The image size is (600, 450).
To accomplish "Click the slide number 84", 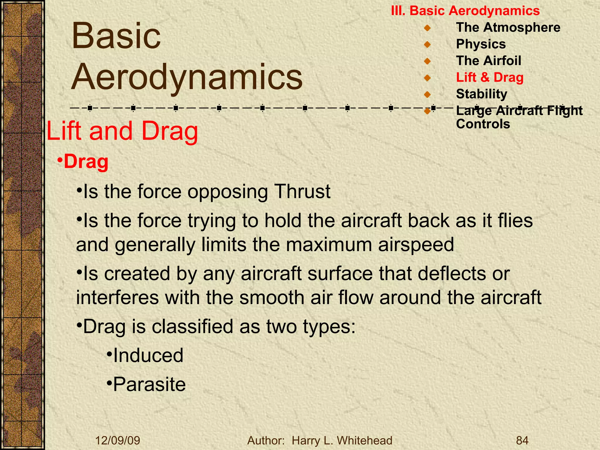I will pyautogui.click(x=522, y=441).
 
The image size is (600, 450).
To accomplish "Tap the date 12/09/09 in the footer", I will pyautogui.click(x=118, y=441).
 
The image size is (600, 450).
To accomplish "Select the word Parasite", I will pyautogui.click(x=149, y=384).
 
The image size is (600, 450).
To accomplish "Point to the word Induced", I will pyautogui.click(x=148, y=355).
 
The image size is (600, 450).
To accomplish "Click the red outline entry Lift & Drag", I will pyautogui.click(x=490, y=78).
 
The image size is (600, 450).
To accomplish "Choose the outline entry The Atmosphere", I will pyautogui.click(x=508, y=28).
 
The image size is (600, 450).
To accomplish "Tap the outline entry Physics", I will pyautogui.click(x=481, y=44).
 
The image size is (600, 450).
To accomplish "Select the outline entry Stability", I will pyautogui.click(x=481, y=94).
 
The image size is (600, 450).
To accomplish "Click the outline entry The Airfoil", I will pyautogui.click(x=488, y=61).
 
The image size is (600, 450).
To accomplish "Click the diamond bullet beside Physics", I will pyautogui.click(x=427, y=45).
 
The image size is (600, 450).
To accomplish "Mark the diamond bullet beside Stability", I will pyautogui.click(x=427, y=95).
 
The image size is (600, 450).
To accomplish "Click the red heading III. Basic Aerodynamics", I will pyautogui.click(x=465, y=11).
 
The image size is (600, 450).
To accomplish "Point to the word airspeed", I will pyautogui.click(x=416, y=245).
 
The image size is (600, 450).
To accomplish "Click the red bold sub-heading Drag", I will pyautogui.click(x=86, y=162).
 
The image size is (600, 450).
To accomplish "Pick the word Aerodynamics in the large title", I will pyautogui.click(x=187, y=77).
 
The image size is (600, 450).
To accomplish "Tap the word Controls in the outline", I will pyautogui.click(x=483, y=124).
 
